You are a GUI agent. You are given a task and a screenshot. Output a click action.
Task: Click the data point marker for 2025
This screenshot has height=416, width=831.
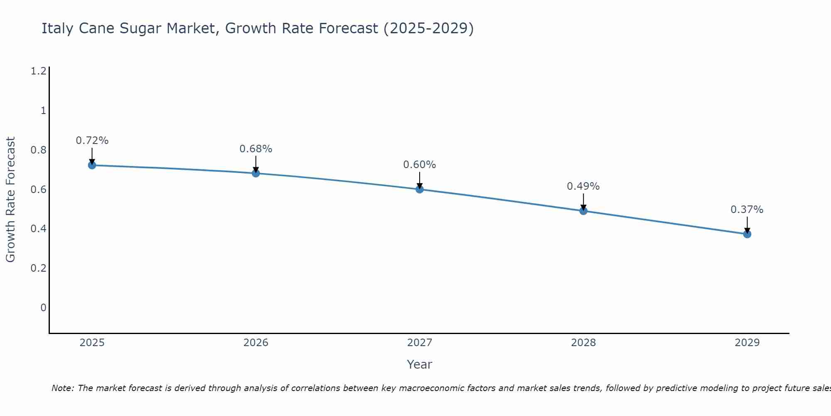[x=92, y=165]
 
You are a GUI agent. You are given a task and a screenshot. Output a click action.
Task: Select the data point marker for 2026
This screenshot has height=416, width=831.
[x=256, y=173]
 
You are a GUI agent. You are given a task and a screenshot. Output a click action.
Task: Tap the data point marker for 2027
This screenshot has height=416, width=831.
[x=419, y=189]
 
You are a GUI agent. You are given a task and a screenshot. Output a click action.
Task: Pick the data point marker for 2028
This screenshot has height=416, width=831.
[x=583, y=211]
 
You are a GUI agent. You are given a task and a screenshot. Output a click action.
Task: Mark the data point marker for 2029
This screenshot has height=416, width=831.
[x=747, y=234]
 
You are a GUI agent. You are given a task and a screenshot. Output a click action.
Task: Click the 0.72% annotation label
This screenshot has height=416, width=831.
[x=92, y=141]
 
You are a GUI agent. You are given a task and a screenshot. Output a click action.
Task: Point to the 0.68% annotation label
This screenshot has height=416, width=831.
[x=256, y=149]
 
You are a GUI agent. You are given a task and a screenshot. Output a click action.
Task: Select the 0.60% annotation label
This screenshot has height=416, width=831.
[x=419, y=165]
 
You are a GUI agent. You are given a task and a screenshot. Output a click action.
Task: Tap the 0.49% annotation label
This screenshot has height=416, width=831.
[x=583, y=186]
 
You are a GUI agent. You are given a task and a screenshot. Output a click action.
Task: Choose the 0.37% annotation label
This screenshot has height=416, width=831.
[x=747, y=210]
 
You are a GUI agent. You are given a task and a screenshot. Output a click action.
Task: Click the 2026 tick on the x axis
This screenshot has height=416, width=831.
[x=256, y=343]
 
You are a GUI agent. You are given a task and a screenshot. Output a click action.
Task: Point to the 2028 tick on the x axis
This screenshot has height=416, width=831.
[x=583, y=343]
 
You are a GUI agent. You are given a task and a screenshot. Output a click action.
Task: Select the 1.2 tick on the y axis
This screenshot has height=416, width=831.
[x=38, y=72]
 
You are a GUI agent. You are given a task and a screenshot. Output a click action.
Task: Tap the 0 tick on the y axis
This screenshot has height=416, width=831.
[x=43, y=308]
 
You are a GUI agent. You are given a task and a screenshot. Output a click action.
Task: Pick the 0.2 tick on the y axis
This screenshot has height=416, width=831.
[x=38, y=268]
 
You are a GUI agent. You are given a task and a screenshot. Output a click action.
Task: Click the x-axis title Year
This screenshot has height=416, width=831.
[x=419, y=364]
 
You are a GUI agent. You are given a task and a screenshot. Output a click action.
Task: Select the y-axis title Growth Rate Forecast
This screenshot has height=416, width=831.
[x=10, y=200]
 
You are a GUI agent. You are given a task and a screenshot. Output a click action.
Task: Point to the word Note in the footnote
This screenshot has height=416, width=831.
[x=62, y=388]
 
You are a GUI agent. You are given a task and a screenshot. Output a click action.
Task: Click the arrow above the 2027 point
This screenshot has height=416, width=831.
[x=419, y=180]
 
